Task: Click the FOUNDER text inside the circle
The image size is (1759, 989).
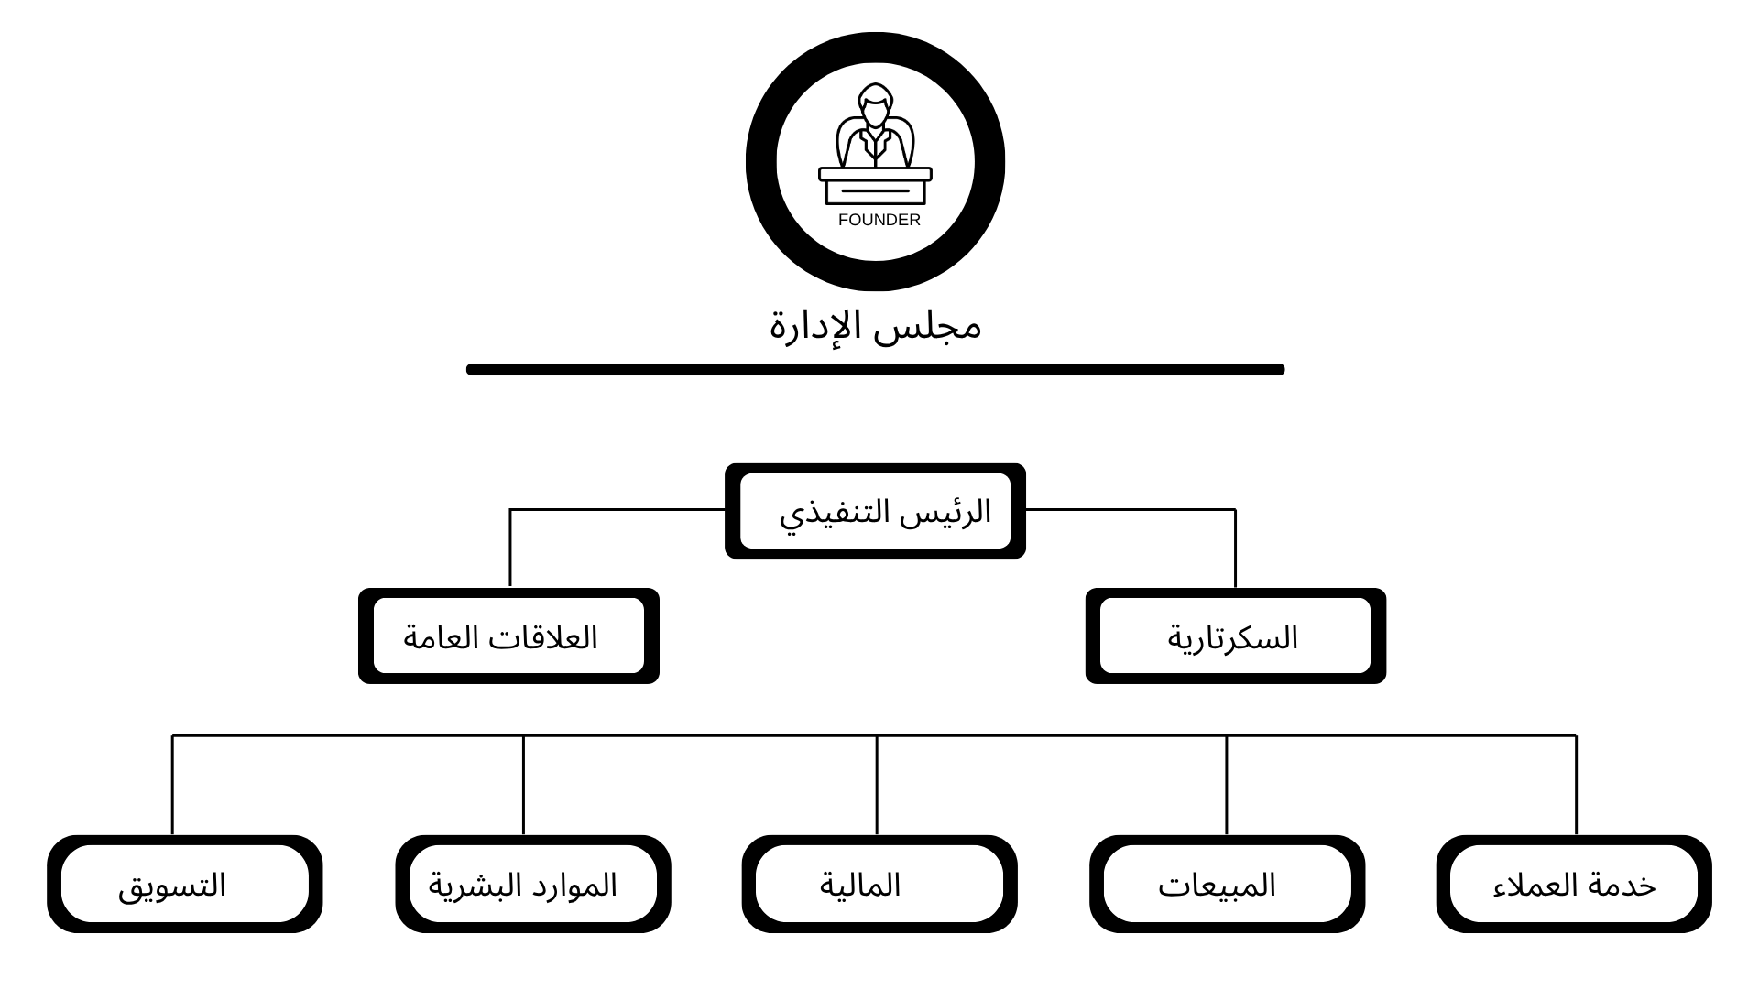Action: (879, 220)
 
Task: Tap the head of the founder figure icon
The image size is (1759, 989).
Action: (875, 106)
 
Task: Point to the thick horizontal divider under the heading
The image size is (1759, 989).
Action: (875, 370)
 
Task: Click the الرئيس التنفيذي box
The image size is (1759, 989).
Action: (875, 511)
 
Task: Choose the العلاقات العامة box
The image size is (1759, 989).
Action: (508, 636)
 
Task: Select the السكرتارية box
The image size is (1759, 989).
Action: (1235, 636)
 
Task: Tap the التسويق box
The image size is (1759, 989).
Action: (184, 885)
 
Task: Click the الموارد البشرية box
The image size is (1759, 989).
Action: (532, 885)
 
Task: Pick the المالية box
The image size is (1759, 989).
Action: (879, 885)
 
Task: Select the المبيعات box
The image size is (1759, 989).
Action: (1227, 885)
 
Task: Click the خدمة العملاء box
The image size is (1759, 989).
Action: (1574, 885)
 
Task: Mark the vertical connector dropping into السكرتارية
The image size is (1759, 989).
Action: (1235, 549)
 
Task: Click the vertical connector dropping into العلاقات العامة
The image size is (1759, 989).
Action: (510, 549)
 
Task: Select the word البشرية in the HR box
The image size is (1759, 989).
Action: (465, 885)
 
